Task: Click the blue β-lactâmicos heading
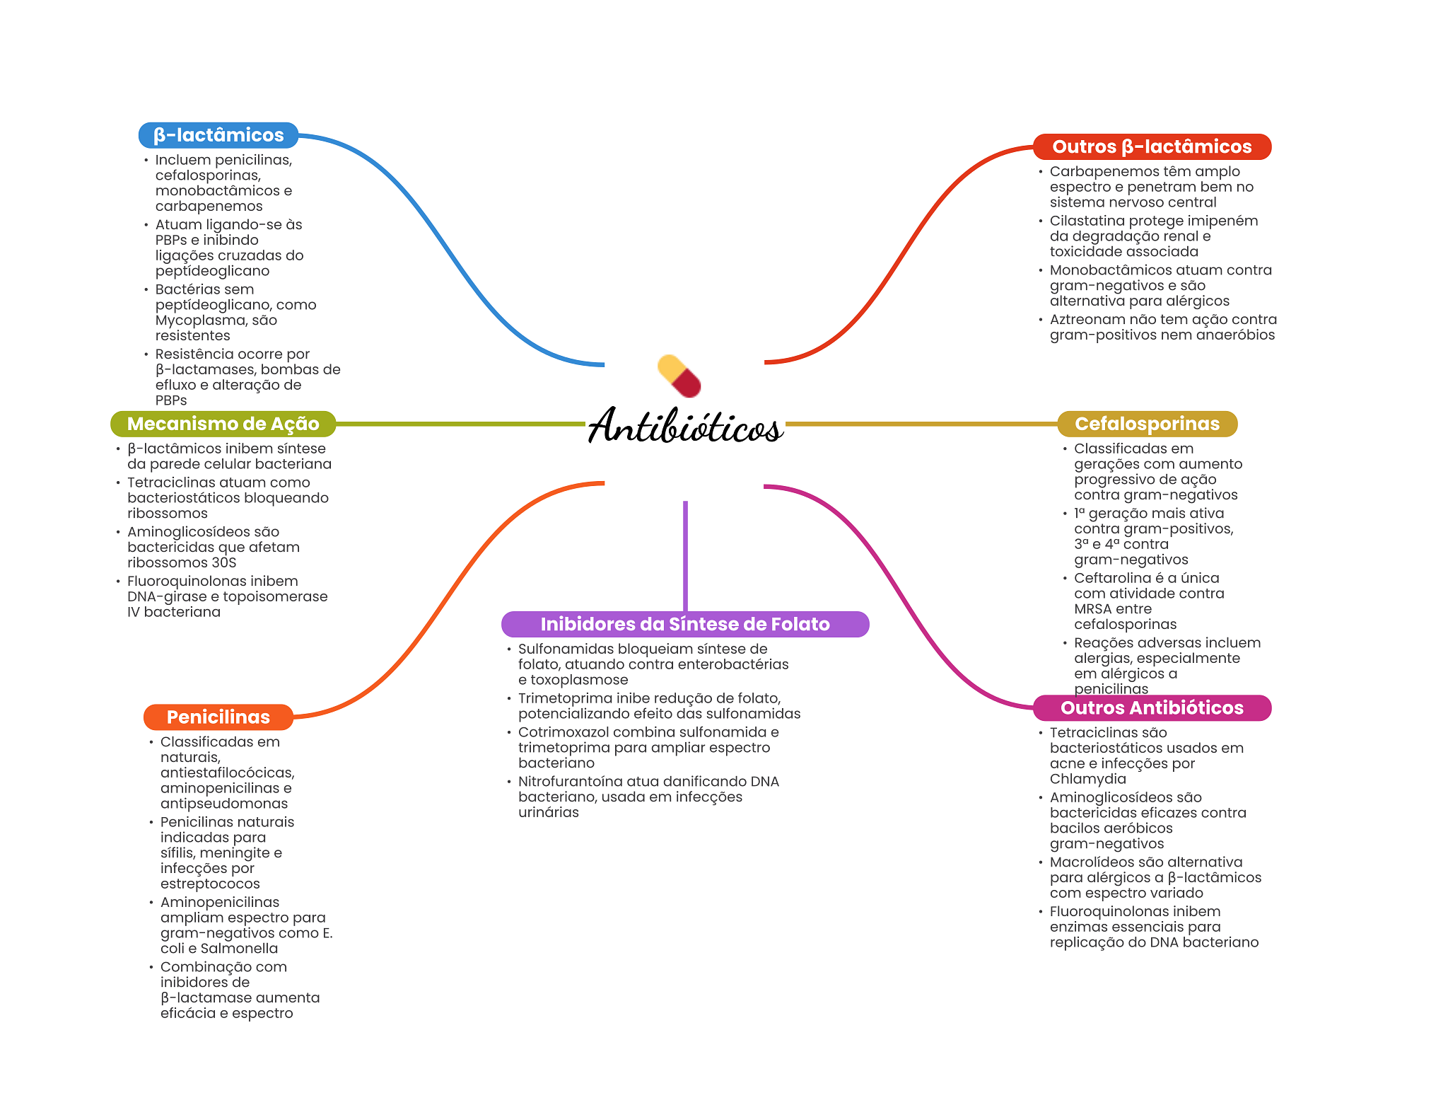(x=218, y=135)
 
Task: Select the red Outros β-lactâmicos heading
(x=1152, y=146)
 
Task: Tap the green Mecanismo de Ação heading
(x=223, y=424)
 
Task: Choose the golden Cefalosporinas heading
(x=1147, y=424)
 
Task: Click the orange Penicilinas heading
(x=218, y=717)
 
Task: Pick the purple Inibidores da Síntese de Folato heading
(x=684, y=624)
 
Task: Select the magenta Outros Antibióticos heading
(x=1152, y=707)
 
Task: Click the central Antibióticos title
(x=684, y=427)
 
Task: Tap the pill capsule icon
(x=679, y=376)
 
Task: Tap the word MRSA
(x=1093, y=609)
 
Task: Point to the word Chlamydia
(x=1087, y=779)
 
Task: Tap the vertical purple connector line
(x=685, y=555)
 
